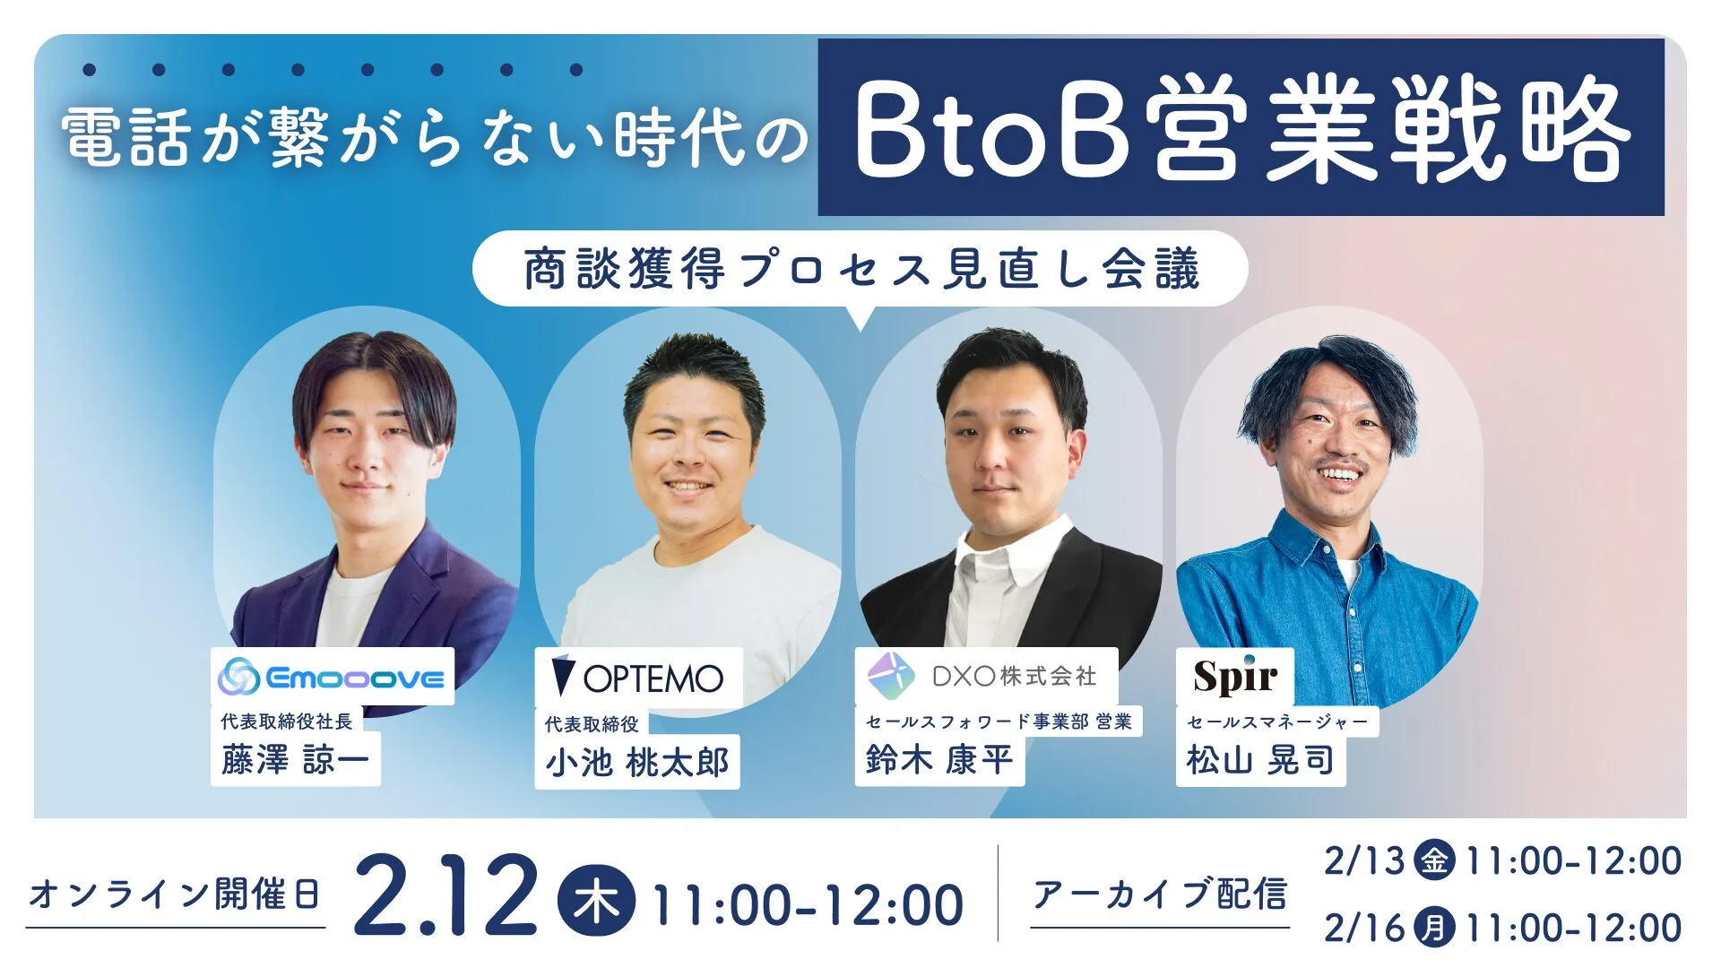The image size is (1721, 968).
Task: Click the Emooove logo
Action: pyautogui.click(x=333, y=677)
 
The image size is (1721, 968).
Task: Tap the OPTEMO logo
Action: pyautogui.click(x=638, y=678)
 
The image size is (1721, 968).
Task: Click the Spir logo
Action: pyautogui.click(x=1234, y=677)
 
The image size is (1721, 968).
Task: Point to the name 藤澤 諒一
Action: pyautogui.click(x=295, y=760)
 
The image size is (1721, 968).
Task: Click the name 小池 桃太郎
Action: pyautogui.click(x=636, y=763)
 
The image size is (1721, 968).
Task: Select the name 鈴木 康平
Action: pyautogui.click(x=938, y=760)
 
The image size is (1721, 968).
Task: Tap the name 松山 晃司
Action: pyautogui.click(x=1260, y=760)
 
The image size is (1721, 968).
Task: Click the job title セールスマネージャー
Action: pyautogui.click(x=1277, y=722)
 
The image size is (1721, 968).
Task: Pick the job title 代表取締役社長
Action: pyautogui.click(x=287, y=722)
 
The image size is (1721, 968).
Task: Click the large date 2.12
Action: pyautogui.click(x=445, y=896)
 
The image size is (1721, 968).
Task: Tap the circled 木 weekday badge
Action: pyautogui.click(x=596, y=902)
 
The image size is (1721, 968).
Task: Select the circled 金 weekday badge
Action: pyautogui.click(x=1433, y=860)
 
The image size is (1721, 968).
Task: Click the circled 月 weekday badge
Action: pyautogui.click(x=1433, y=928)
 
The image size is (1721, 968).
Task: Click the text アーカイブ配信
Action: pyautogui.click(x=1160, y=895)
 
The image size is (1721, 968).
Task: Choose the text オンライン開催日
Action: pyautogui.click(x=175, y=895)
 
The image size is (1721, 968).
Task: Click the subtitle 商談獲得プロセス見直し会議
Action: pyautogui.click(x=860, y=269)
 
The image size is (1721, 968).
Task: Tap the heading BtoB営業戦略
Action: pyautogui.click(x=1241, y=128)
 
